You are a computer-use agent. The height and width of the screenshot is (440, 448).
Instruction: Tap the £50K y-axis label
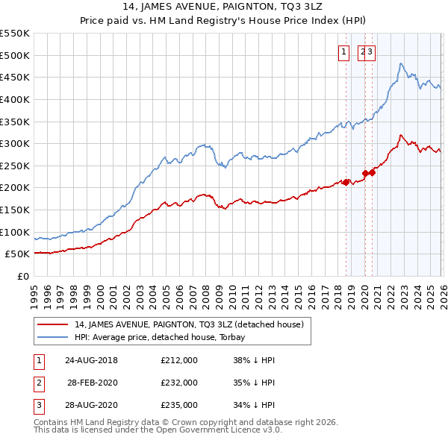point(17,254)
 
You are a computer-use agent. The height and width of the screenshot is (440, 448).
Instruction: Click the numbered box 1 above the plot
point(343,51)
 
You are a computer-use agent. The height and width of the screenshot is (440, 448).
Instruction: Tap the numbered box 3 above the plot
point(370,51)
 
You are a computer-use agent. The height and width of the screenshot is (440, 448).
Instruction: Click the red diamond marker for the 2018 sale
point(346,182)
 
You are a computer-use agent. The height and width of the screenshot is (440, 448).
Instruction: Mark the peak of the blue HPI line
point(401,63)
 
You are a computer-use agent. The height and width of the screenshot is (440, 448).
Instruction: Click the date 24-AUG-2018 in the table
point(91,360)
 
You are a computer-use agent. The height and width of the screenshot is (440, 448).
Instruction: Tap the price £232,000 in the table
point(178,383)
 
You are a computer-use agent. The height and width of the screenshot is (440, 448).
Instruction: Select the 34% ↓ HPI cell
point(254,405)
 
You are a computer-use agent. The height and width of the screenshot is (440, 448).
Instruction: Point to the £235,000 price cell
point(178,405)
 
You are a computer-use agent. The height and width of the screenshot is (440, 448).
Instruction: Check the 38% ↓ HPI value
point(254,360)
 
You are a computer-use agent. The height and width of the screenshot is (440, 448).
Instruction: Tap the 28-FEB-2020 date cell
point(91,383)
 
